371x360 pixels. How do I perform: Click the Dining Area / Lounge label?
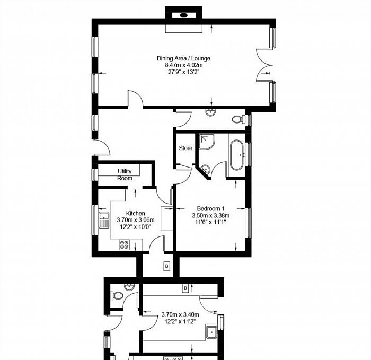point(183,58)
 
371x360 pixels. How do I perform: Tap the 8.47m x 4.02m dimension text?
point(184,65)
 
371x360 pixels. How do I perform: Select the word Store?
point(185,148)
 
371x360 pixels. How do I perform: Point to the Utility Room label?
point(125,174)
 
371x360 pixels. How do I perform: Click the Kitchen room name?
point(135,213)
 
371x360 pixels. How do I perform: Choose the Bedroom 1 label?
point(210,208)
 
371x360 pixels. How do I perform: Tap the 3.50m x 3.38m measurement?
point(210,216)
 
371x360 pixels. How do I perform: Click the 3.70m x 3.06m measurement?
point(136,220)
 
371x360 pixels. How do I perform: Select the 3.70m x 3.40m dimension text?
point(180,314)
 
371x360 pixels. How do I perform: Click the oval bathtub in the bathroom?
point(236,155)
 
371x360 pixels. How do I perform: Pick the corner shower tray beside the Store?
point(207,142)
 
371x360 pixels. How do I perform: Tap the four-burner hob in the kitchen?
point(124,245)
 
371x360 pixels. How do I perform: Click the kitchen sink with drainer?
point(104,220)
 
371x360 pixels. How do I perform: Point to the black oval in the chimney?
point(183,15)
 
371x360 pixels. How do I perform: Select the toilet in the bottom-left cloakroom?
point(117,295)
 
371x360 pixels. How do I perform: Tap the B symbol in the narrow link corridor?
point(166,266)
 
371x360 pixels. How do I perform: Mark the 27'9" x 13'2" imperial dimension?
point(184,72)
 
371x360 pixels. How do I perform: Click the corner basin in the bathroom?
point(206,169)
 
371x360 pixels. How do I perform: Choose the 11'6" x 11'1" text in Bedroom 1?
point(210,222)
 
